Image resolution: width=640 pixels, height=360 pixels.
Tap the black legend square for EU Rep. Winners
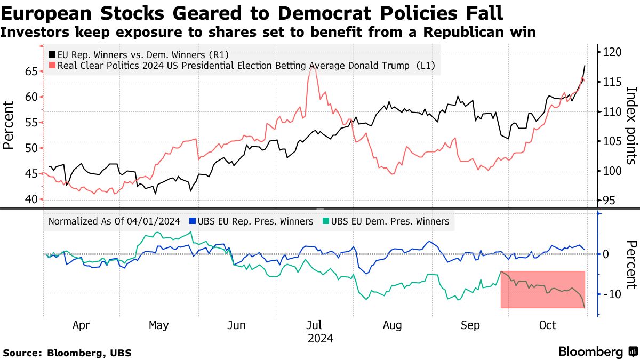click(52, 54)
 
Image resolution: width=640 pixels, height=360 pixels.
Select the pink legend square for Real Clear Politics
click(52, 66)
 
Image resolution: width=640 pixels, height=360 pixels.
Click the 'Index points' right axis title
click(630, 125)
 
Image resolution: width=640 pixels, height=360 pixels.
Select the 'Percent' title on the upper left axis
click(9, 125)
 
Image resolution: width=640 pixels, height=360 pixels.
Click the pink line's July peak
click(312, 67)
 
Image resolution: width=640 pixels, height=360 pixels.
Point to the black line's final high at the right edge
click(585, 66)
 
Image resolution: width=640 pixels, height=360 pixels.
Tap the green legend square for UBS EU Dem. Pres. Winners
click(326, 221)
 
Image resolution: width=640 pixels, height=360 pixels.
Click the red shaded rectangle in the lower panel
click(542, 289)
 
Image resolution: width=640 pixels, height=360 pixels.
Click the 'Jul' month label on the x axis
click(315, 325)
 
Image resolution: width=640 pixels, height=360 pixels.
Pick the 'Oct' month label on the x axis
click(548, 325)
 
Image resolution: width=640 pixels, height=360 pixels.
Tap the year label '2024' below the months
click(320, 338)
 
